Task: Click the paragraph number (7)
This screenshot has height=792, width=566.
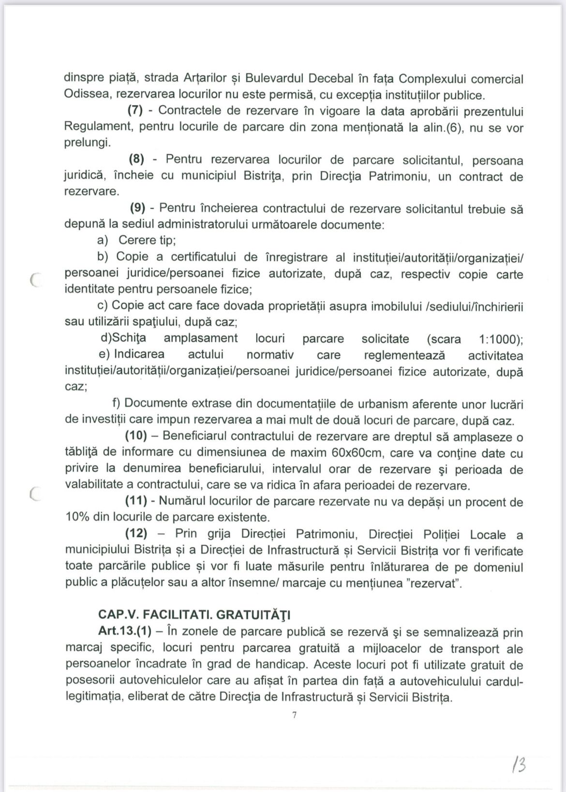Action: click(x=135, y=110)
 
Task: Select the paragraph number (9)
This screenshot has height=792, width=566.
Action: click(x=138, y=208)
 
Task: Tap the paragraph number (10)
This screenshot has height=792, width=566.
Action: click(x=135, y=435)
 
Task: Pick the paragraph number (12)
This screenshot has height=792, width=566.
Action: click(x=135, y=534)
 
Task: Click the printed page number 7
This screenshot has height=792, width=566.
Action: click(x=294, y=715)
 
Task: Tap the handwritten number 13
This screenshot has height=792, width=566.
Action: click(x=519, y=765)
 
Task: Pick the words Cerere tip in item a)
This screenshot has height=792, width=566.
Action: click(x=147, y=240)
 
